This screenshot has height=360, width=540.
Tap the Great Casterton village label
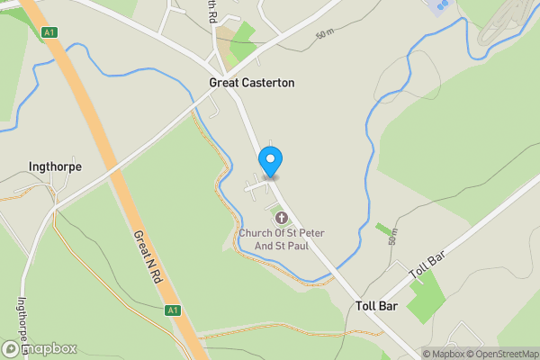click(x=251, y=83)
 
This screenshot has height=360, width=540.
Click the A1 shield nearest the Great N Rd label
click(x=173, y=310)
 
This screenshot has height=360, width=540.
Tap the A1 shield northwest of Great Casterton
click(x=50, y=32)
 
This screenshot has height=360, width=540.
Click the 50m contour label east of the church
click(x=391, y=238)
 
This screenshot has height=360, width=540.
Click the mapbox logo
click(x=40, y=348)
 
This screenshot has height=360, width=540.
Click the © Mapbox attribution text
click(x=442, y=354)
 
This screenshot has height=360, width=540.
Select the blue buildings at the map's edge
click(x=439, y=7)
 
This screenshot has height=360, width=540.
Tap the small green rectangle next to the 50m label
click(x=384, y=229)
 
